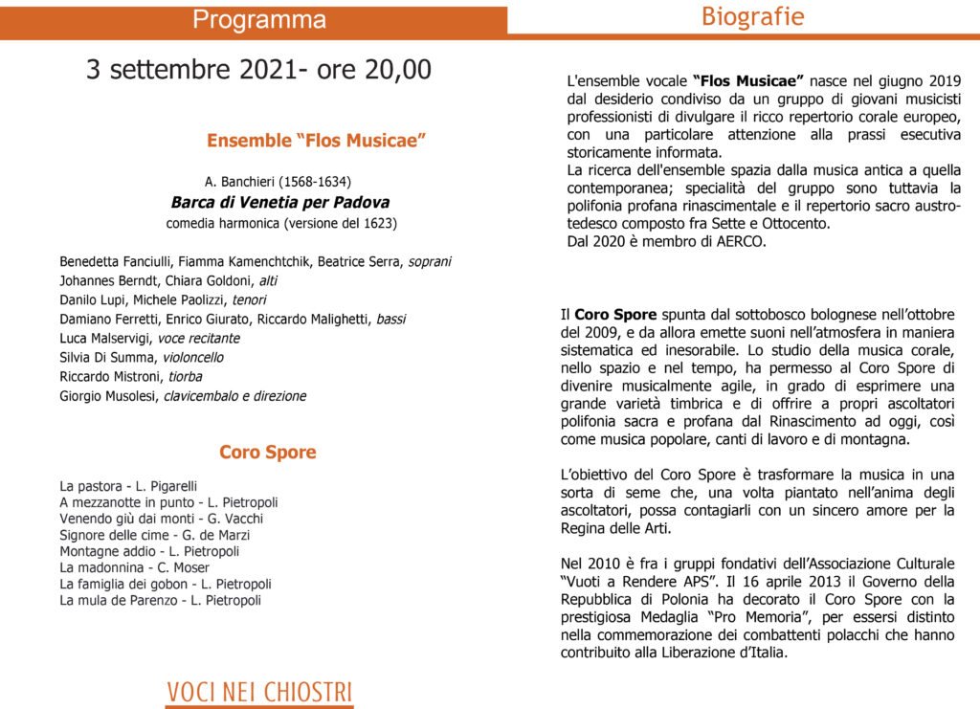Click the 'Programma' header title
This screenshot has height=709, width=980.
(x=259, y=20)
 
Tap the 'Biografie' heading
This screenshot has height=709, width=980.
(x=752, y=16)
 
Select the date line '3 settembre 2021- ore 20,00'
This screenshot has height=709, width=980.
(x=258, y=70)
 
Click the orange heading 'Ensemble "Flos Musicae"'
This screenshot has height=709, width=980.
(x=316, y=141)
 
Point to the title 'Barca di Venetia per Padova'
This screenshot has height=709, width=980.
(x=279, y=202)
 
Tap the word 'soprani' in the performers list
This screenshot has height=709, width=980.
(x=430, y=261)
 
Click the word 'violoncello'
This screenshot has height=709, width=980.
(x=192, y=357)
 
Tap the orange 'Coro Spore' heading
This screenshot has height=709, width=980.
(x=267, y=452)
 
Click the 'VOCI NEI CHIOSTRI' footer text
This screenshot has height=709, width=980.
(x=259, y=692)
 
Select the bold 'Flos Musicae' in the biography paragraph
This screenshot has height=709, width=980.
(x=747, y=81)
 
